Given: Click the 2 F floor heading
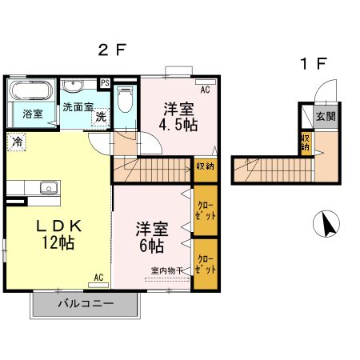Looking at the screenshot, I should pyautogui.click(x=113, y=50).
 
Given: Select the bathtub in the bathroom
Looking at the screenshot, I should pyautogui.click(x=31, y=90).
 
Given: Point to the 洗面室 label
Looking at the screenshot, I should pyautogui.click(x=78, y=106).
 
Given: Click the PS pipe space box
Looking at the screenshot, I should pyautogui.click(x=105, y=82).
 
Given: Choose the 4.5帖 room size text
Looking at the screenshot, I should pyautogui.click(x=178, y=126).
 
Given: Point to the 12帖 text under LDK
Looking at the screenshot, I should pyautogui.click(x=54, y=243).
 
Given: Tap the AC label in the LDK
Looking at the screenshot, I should pyautogui.click(x=98, y=277).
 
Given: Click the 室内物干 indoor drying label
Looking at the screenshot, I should pyautogui.click(x=167, y=270).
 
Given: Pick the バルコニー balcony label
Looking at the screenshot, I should pyautogui.click(x=86, y=304).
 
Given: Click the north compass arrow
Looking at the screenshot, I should pyautogui.click(x=326, y=224).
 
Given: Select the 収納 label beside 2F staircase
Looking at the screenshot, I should pyautogui.click(x=205, y=166).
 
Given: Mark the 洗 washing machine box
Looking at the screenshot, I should pyautogui.click(x=102, y=117).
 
